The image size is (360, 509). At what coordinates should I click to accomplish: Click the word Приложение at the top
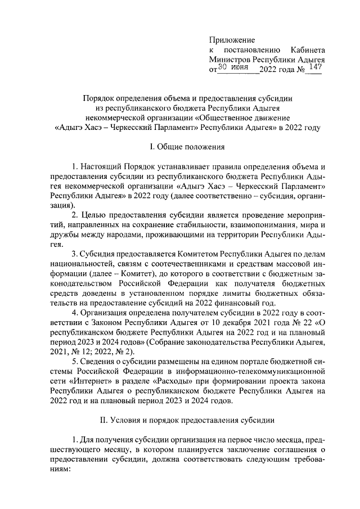[x=232, y=40]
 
